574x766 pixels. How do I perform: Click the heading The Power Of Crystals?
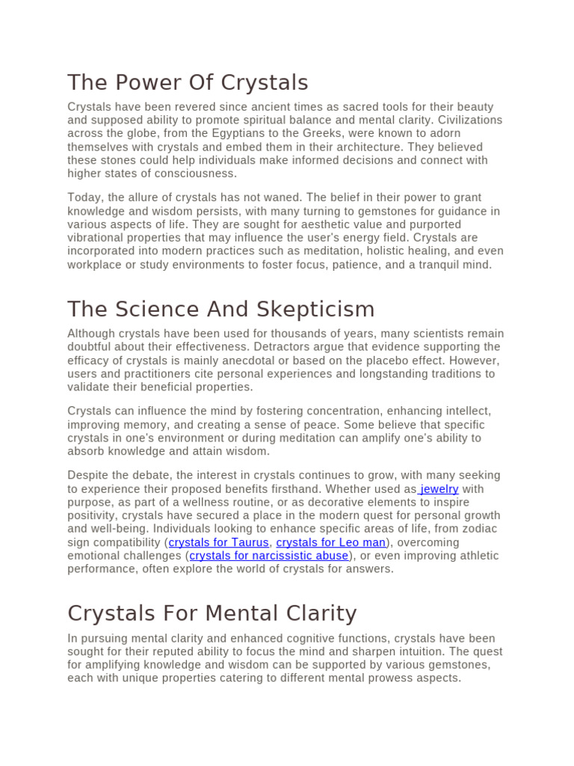point(188,82)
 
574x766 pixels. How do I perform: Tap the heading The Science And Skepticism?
point(220,309)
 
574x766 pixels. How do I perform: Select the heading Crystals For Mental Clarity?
point(212,613)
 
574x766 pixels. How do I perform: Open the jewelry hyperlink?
point(439,489)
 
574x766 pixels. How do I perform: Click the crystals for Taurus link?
point(218,542)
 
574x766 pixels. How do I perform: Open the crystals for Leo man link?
point(331,542)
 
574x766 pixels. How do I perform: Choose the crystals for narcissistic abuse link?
point(269,556)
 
